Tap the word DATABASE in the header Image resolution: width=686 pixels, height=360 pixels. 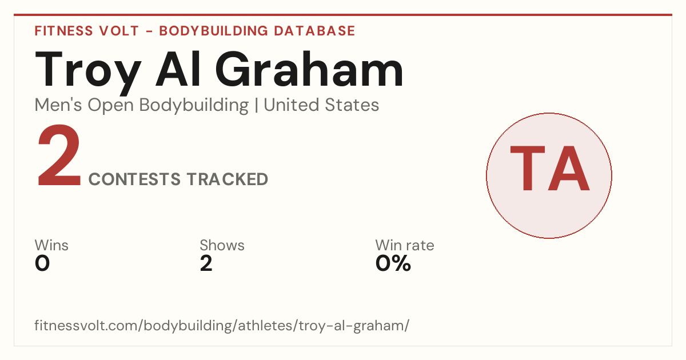click(x=314, y=31)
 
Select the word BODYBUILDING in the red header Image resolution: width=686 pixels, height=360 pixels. click(x=213, y=31)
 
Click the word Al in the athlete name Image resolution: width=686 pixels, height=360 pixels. click(x=178, y=69)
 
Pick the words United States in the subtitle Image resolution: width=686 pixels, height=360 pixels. click(x=321, y=105)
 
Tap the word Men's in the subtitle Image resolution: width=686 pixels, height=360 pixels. click(x=58, y=105)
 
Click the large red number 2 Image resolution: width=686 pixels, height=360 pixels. click(x=59, y=155)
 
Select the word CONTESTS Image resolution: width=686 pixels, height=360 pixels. click(x=134, y=179)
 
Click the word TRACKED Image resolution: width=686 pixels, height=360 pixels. click(x=228, y=179)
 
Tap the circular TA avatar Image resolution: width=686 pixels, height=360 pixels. click(x=549, y=175)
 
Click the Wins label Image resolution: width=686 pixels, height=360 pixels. click(x=51, y=245)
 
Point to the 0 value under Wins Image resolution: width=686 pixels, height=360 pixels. click(x=42, y=263)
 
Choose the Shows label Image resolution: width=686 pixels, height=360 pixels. click(x=222, y=245)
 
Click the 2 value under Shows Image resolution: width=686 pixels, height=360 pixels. click(x=206, y=263)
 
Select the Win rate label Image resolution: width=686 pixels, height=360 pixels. click(x=405, y=245)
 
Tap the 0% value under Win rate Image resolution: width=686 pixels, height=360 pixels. click(x=393, y=263)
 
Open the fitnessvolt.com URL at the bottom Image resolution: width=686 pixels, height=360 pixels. click(x=222, y=326)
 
